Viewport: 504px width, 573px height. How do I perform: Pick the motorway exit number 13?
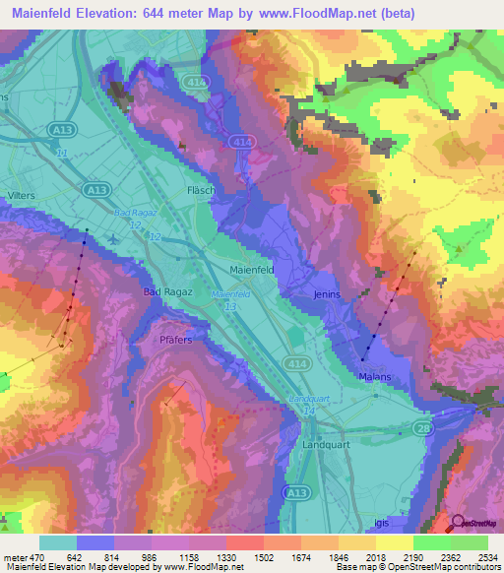tap(229, 307)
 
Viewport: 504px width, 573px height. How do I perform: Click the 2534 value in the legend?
tap(475, 557)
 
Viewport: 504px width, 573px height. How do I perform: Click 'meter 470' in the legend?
tap(21, 557)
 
